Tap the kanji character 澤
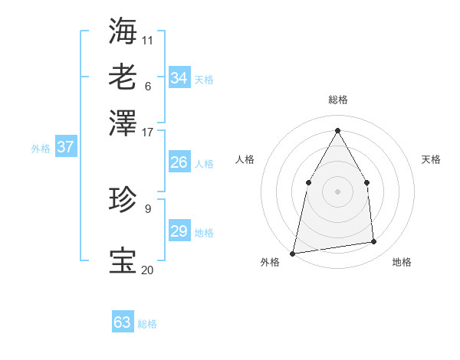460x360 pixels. pos(123,122)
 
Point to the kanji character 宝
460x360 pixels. pos(123,260)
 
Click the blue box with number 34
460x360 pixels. pos(179,78)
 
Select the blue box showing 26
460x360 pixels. pos(179,162)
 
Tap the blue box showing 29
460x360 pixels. pos(179,231)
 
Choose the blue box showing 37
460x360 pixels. pos(65,147)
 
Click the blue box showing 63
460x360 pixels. pos(123,322)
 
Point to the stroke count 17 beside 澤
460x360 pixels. pos(148,132)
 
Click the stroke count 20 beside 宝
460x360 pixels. pos(148,270)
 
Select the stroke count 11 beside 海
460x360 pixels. pos(148,39)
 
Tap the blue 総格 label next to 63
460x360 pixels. pos(147,324)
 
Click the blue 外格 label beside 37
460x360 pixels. pos(41,149)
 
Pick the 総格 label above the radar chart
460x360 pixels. pos(337,100)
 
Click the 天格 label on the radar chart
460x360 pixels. pos(431,159)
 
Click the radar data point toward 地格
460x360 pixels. pos(374,242)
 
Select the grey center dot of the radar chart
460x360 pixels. pos(337,191)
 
